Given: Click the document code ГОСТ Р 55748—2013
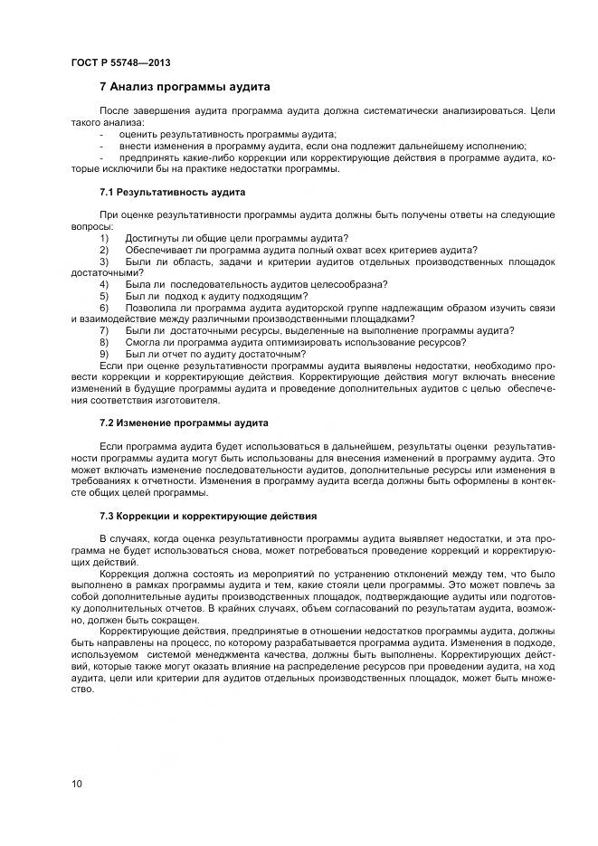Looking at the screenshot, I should (120, 62).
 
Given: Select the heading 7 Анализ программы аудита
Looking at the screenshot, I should (185, 88).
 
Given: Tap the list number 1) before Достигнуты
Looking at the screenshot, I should (104, 237).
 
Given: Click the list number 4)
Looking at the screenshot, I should (104, 283).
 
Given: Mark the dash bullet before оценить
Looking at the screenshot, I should (101, 133).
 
